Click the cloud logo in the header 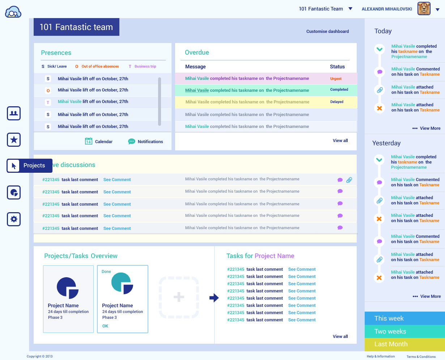[x=13, y=12]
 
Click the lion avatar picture [x=424, y=9]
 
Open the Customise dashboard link [x=327, y=31]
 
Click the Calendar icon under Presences [x=89, y=141]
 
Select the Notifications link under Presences [x=150, y=142]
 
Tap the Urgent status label [x=336, y=79]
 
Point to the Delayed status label [x=336, y=102]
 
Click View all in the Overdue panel [x=340, y=141]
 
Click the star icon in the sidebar [x=14, y=140]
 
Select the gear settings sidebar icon [x=14, y=219]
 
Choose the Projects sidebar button [x=30, y=166]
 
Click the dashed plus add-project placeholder [x=179, y=297]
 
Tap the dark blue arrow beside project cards [x=214, y=298]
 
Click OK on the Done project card [x=105, y=326]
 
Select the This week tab [x=404, y=318]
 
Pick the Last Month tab [x=404, y=344]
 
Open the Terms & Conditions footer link [x=421, y=357]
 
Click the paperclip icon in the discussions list [x=349, y=180]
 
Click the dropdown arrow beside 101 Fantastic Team [x=350, y=9]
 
